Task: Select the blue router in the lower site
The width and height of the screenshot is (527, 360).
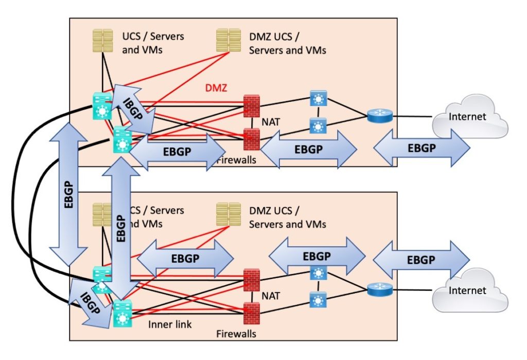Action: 380,290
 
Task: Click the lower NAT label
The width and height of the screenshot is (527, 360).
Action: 271,297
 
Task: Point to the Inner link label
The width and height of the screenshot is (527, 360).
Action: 170,324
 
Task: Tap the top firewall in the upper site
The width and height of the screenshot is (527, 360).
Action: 252,102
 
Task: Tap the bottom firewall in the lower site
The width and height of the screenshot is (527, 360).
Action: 252,311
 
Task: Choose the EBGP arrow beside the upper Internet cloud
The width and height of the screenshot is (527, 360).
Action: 421,148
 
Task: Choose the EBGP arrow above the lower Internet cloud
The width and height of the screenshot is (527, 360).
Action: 421,260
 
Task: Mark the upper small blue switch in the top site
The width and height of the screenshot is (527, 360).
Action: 319,98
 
